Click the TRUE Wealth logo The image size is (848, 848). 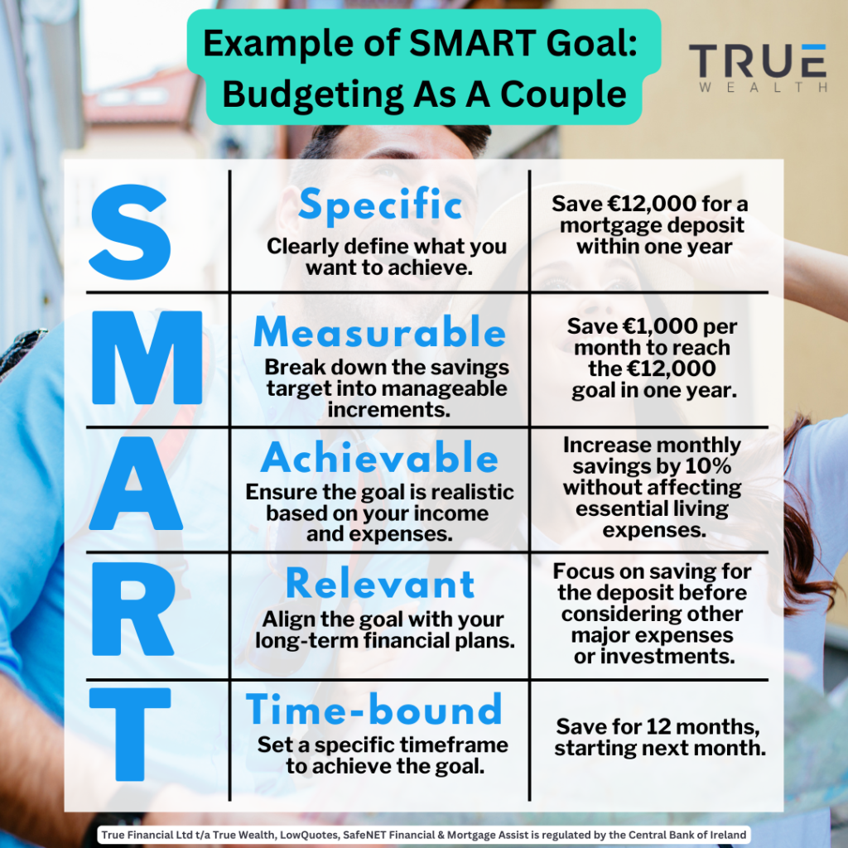[x=758, y=68]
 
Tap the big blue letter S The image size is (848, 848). [x=130, y=232]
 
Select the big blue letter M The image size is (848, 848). [x=147, y=358]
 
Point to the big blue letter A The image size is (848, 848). [x=136, y=483]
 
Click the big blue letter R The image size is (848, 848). [x=133, y=609]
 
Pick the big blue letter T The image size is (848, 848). [x=130, y=734]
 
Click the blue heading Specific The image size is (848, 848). [x=380, y=204]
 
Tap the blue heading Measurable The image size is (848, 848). [x=379, y=331]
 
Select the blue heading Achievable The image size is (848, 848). [x=379, y=457]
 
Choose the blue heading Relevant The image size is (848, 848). [x=380, y=584]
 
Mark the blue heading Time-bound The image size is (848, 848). [x=374, y=709]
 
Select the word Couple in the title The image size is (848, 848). [x=562, y=94]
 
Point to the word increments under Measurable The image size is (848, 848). [x=389, y=409]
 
